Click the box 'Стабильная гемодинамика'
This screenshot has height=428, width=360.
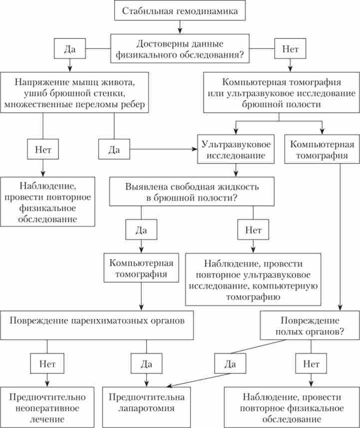pyautogui.click(x=180, y=10)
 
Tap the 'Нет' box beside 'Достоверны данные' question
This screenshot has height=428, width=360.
pyautogui.click(x=291, y=49)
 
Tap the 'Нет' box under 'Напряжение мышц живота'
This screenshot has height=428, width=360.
pyautogui.click(x=43, y=149)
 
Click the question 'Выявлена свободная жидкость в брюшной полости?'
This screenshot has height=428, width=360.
pyautogui.click(x=192, y=192)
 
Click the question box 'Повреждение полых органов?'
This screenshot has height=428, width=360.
pyautogui.click(x=310, y=326)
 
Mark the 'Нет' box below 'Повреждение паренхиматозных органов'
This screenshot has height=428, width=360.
pyautogui.click(x=47, y=364)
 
